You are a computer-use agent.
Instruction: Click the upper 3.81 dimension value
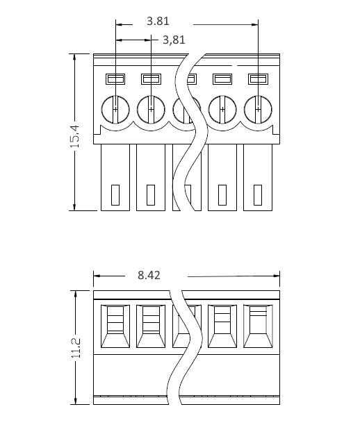[158, 21]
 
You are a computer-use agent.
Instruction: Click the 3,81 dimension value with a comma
[174, 40]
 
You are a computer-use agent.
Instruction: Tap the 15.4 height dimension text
[75, 136]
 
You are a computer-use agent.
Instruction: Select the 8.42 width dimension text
[149, 275]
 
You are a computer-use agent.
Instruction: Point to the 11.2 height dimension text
[76, 348]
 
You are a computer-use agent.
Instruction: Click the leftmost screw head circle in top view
[115, 110]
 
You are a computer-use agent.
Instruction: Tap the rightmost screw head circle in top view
[258, 110]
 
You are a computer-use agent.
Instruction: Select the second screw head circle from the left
[151, 110]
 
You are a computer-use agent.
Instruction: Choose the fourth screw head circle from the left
[222, 110]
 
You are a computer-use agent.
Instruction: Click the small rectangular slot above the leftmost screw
[115, 79]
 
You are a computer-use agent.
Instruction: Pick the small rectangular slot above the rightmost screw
[258, 79]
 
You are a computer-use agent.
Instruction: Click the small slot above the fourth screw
[222, 79]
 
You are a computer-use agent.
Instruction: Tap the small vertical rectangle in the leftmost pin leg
[115, 195]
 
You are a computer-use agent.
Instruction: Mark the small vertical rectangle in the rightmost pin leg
[258, 195]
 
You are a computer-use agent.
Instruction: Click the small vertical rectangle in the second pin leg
[151, 195]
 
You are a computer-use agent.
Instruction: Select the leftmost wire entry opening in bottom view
[115, 326]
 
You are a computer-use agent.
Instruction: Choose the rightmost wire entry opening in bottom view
[258, 326]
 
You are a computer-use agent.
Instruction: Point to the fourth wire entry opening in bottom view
[222, 326]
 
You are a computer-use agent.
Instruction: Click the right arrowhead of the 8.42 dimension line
[277, 276]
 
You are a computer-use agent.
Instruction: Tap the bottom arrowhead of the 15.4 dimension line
[75, 207]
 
